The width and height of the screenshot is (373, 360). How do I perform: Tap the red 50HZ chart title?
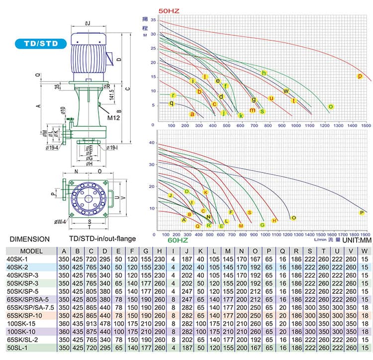point(168,10)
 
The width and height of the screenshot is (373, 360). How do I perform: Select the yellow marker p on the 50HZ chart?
point(360,76)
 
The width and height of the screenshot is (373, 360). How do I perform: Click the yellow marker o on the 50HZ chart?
point(331,106)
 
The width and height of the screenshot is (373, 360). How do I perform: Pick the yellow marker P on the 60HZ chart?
point(362,213)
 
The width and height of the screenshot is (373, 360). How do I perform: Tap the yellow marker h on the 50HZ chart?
point(264,73)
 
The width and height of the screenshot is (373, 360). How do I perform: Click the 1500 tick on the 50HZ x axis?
point(366,125)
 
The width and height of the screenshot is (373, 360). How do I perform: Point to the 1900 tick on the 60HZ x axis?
point(366,234)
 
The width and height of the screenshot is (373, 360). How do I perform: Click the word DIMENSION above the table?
point(29,239)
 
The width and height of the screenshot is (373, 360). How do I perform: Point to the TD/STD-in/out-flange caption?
point(102,239)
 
